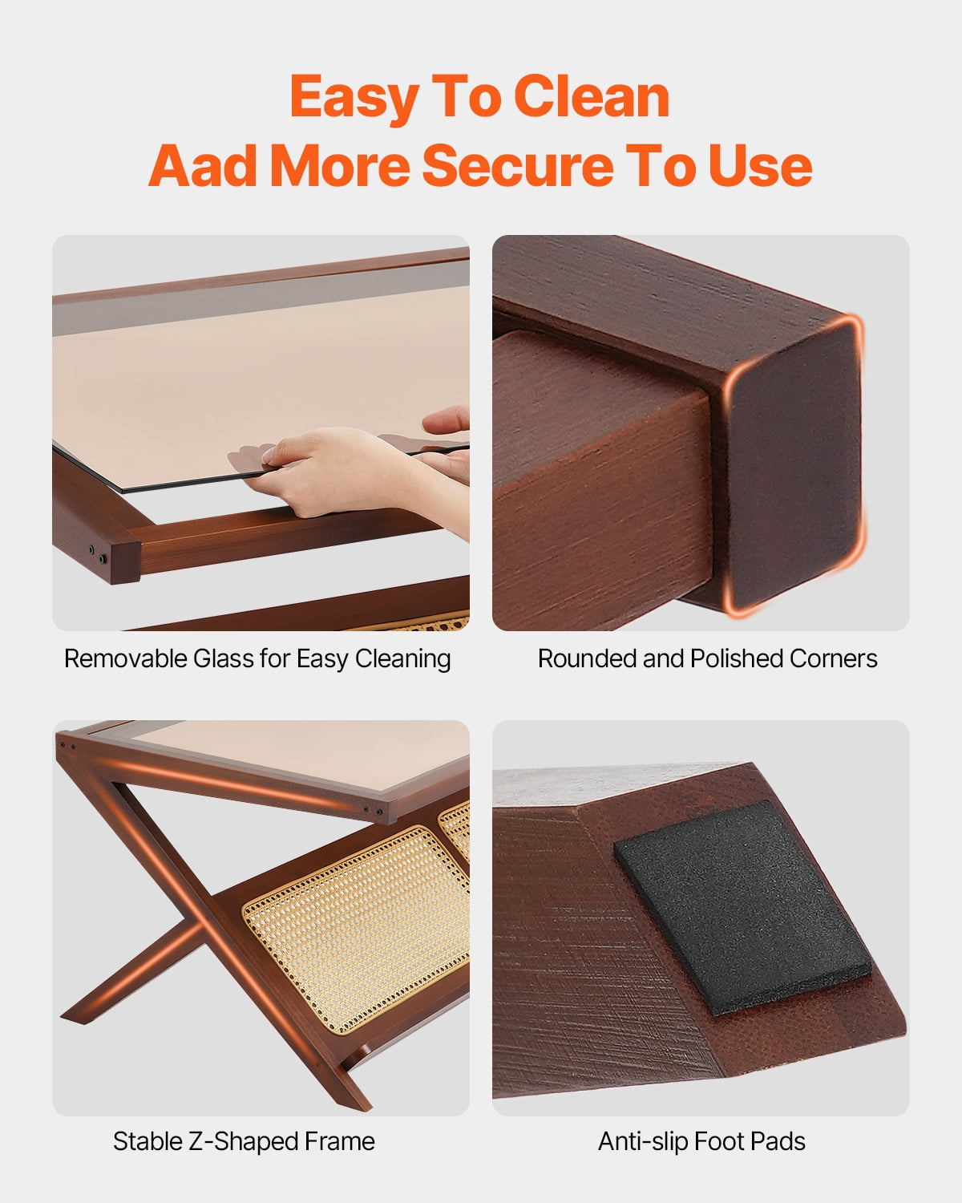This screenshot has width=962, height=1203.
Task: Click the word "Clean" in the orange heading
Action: tap(591, 97)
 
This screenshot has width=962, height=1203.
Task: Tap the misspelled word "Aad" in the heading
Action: tap(202, 166)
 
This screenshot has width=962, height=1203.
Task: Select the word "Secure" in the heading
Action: tap(518, 166)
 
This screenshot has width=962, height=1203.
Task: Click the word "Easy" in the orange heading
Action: tap(354, 99)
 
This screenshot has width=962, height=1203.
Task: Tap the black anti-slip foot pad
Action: tap(742, 906)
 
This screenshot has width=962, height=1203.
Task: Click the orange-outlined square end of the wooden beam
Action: tap(794, 464)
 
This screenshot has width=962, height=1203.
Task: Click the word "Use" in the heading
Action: tap(760, 166)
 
